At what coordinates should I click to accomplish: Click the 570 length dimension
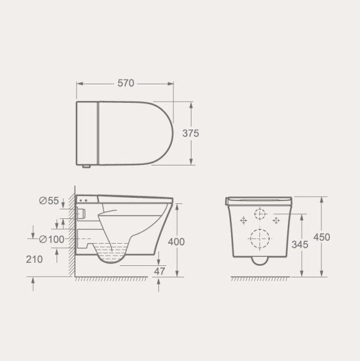126,84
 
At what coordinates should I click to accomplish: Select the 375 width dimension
191,133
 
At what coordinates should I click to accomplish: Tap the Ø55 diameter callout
49,201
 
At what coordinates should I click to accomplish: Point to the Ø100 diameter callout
51,239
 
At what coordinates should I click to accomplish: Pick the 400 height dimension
176,242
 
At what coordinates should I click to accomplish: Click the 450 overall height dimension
321,237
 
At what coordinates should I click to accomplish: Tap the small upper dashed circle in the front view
260,214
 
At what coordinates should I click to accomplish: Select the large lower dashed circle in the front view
260,239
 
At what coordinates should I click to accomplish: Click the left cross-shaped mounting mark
244,221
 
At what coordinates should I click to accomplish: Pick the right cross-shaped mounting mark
276,221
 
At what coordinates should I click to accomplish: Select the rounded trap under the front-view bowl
260,260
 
